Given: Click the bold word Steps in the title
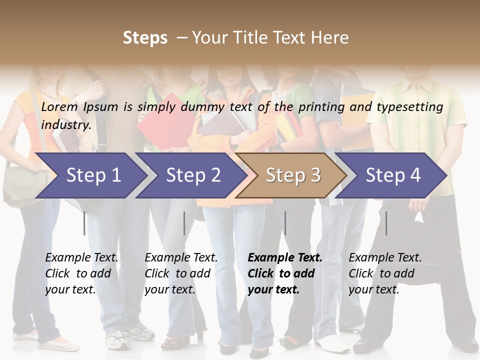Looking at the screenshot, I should [145, 38].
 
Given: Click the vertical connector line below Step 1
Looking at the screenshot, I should [84, 223].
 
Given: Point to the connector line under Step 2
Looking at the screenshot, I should [184, 223].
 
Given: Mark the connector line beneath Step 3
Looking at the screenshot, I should [285, 223].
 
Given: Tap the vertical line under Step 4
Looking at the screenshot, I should [386, 223].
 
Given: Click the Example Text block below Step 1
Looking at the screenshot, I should [81, 273].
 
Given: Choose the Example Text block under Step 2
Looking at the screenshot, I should [181, 273].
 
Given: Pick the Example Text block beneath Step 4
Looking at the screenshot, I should [385, 273].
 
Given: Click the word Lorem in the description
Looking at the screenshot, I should [59, 106].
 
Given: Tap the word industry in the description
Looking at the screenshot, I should [66, 125].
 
